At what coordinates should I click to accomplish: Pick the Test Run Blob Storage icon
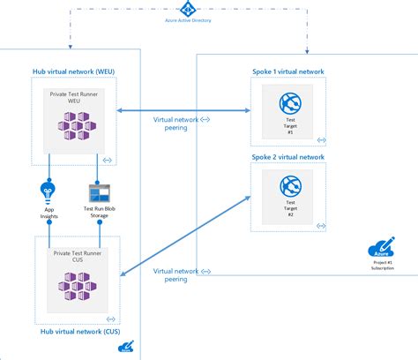pos(100,193)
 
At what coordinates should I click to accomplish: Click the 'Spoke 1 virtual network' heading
pos(287,70)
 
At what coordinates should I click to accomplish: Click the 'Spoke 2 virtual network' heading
pos(287,156)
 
